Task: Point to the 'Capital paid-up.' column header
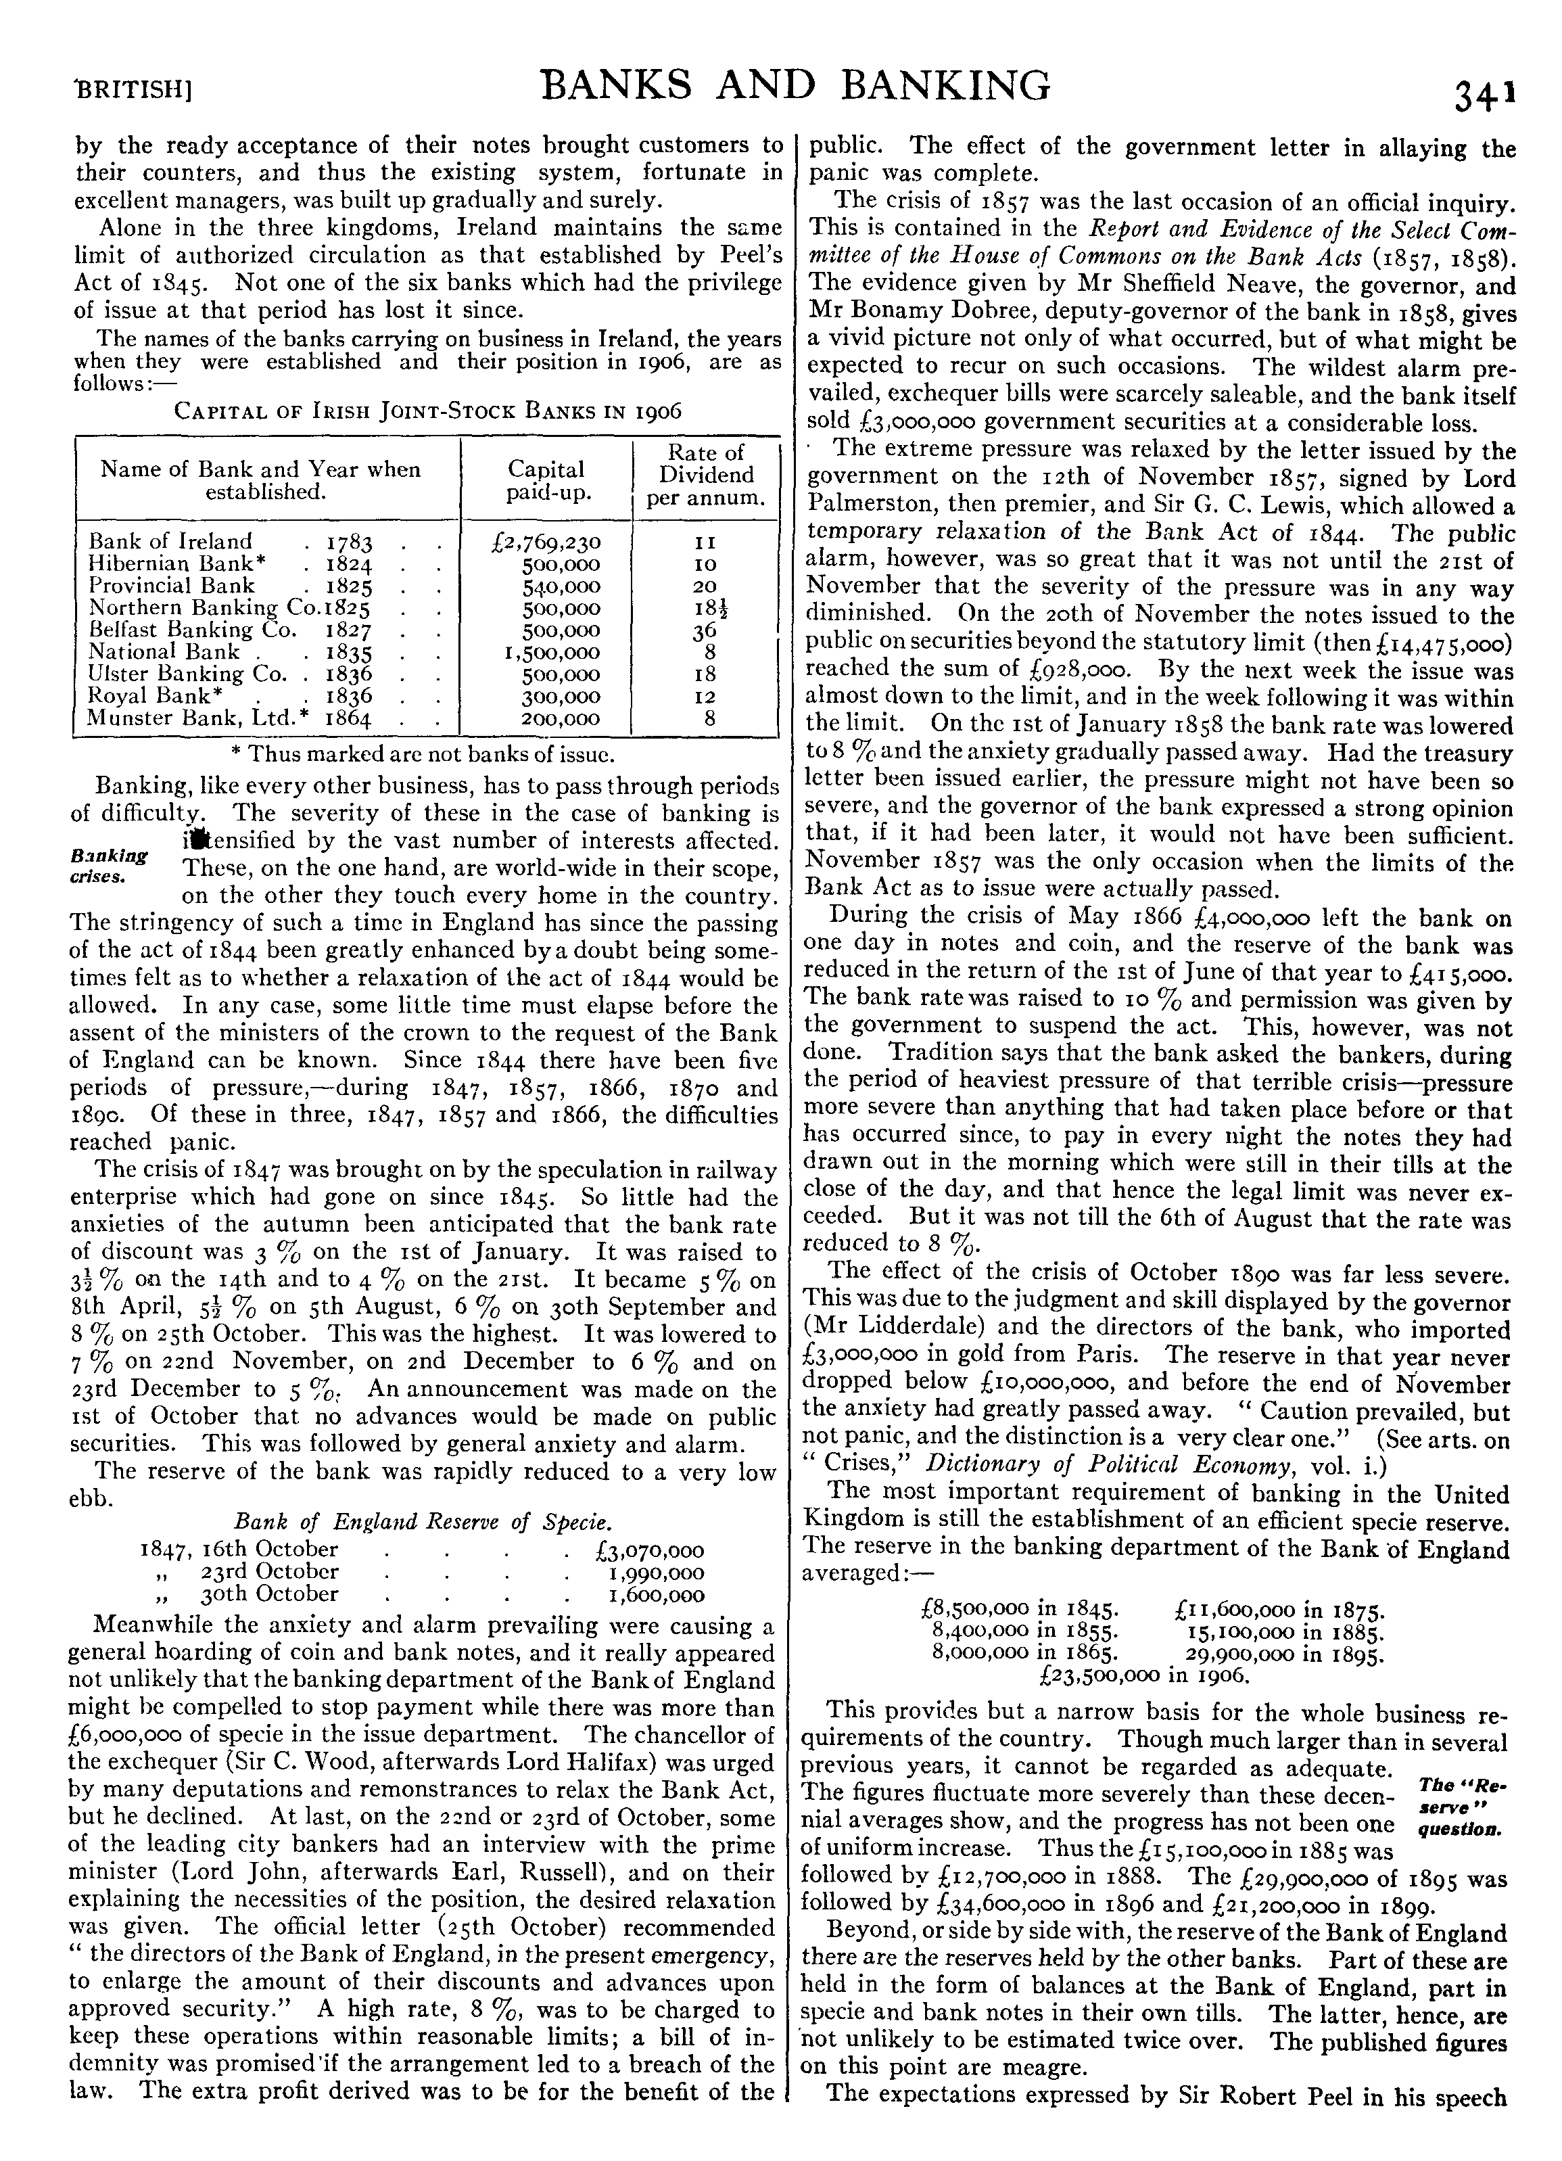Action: click(x=546, y=480)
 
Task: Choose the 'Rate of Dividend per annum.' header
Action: click(x=706, y=475)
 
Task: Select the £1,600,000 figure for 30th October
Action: click(x=656, y=1595)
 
